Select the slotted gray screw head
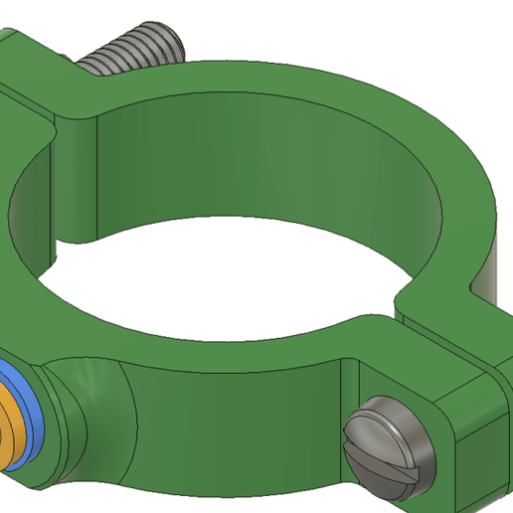pos(389,446)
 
